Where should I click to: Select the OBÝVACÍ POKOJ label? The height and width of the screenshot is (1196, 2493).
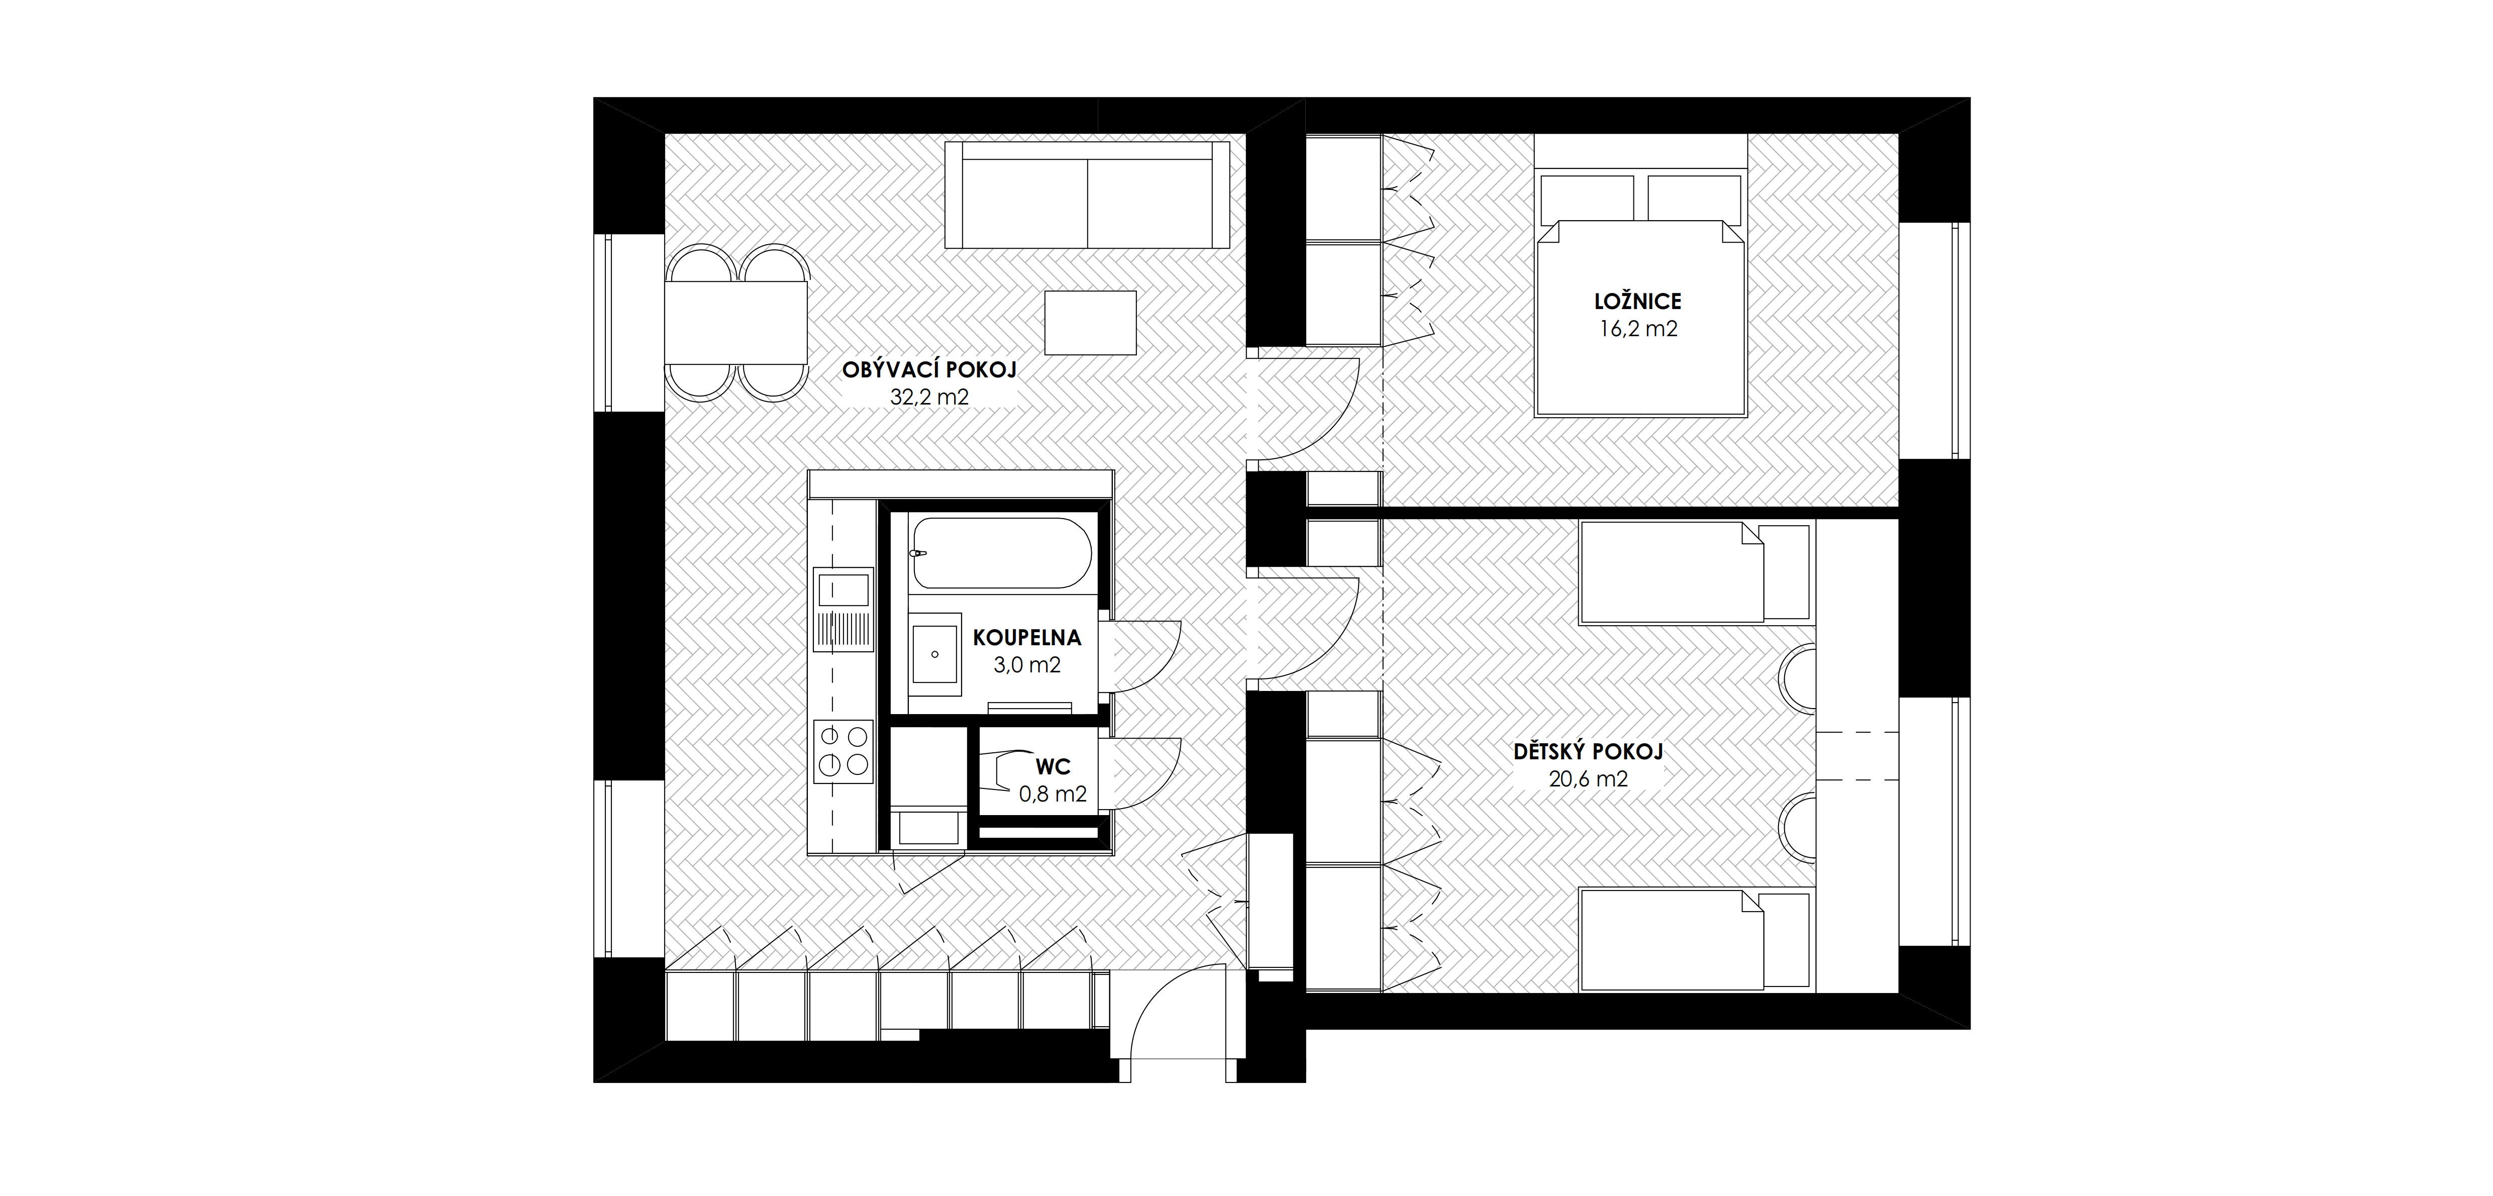pos(929,370)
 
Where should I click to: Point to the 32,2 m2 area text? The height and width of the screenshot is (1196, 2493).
pos(929,396)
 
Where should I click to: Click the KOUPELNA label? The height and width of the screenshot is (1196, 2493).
pos(1027,638)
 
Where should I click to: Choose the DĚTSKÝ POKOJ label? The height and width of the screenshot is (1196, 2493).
pos(1588,752)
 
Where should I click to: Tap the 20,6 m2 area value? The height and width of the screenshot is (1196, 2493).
pos(1588,779)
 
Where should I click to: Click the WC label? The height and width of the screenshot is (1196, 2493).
pos(1053,767)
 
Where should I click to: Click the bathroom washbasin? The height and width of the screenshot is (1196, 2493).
pos(935,654)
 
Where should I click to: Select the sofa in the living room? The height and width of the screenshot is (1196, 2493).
pos(1088,194)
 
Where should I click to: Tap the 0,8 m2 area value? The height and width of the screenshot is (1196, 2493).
pos(1053,794)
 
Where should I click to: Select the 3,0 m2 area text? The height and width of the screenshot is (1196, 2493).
pos(1027,665)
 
